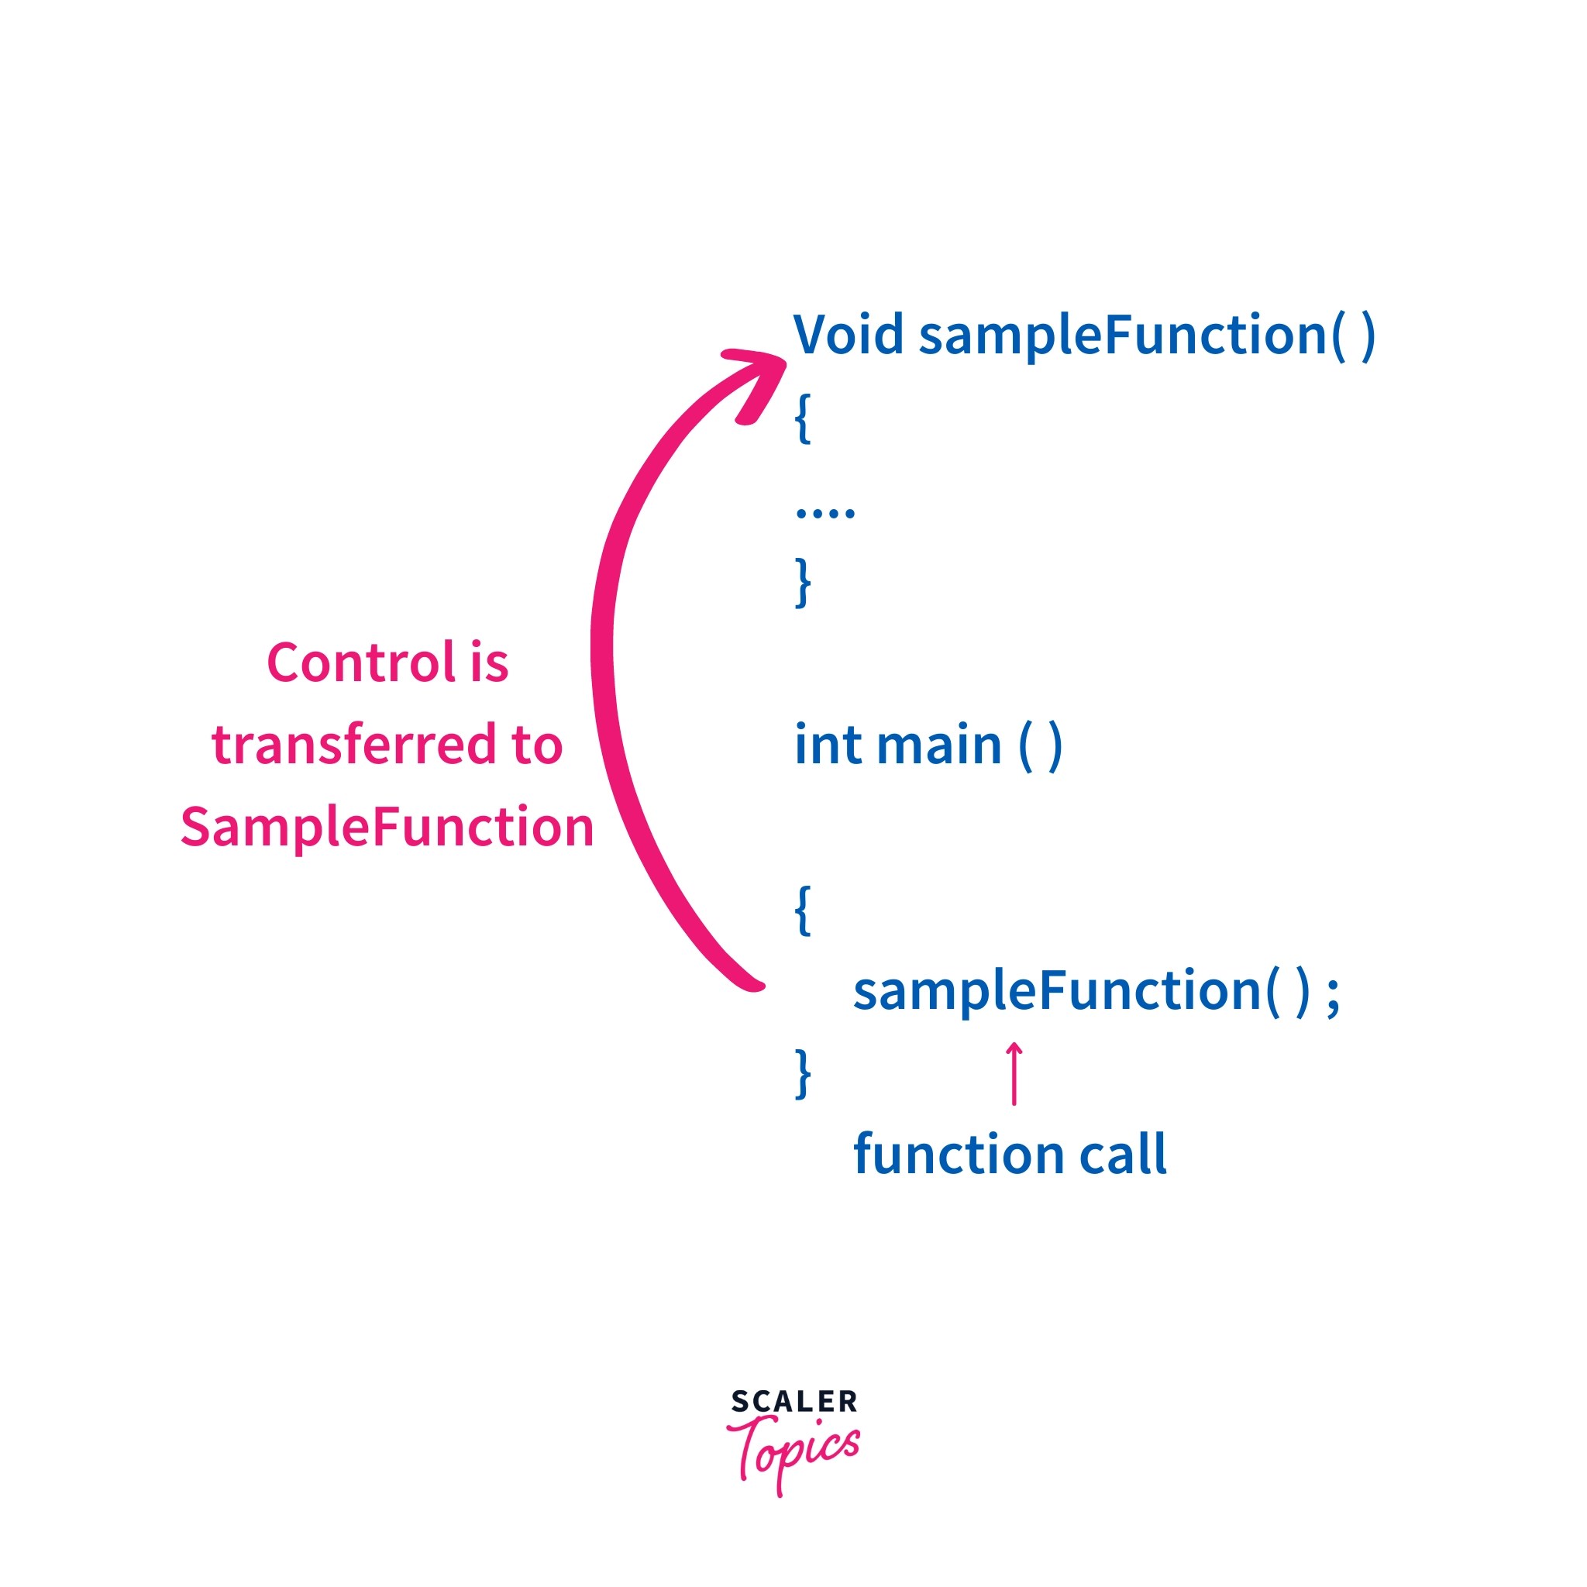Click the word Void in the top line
coord(848,334)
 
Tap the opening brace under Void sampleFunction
coord(803,418)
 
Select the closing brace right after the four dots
coord(803,582)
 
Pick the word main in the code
coord(939,745)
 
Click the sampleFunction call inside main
coord(1058,990)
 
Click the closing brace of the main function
coord(803,1072)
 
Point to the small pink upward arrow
coord(1014,1072)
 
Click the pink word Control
coord(360,663)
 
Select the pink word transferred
coord(353,745)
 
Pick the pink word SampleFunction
coord(387,826)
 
